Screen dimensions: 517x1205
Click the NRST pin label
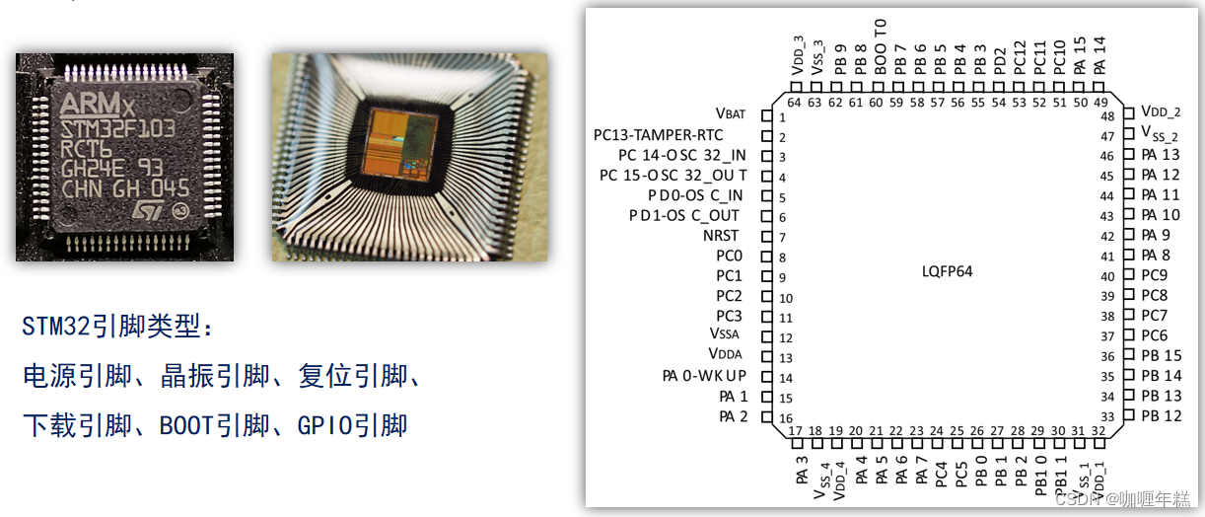721,236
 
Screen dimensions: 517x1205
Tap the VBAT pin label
731,114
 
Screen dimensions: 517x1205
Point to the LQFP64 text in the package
947,271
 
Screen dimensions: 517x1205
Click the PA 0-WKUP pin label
704,376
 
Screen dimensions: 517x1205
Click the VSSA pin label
724,335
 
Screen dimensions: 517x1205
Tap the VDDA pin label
725,354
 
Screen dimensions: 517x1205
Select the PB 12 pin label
1161,416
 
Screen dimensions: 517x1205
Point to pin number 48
1107,116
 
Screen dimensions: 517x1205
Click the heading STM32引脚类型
117,326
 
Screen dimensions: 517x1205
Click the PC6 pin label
1154,335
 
